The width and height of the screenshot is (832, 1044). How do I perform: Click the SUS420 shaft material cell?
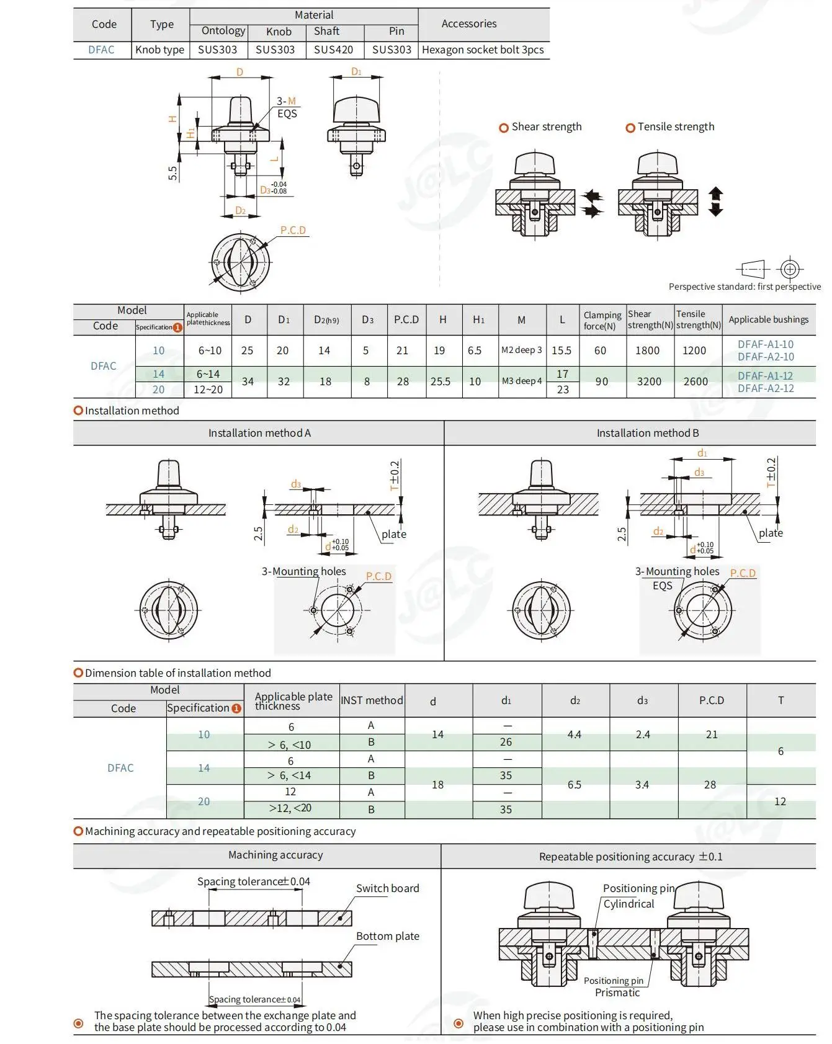[x=333, y=50]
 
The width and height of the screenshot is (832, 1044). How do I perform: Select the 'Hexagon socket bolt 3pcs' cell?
[x=483, y=50]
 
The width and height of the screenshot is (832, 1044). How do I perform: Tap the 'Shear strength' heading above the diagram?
[x=547, y=127]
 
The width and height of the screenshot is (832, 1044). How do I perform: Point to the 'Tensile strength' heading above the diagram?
[x=676, y=127]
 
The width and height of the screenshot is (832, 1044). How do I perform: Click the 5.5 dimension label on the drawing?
[x=172, y=173]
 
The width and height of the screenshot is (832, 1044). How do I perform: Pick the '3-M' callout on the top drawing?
[x=286, y=101]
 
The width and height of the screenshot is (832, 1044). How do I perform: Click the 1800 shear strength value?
[x=647, y=350]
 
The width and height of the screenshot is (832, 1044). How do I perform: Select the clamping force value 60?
[x=600, y=350]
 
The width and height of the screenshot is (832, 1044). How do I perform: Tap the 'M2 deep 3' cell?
[x=521, y=350]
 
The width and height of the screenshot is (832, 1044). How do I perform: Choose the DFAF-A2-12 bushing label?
[x=766, y=388]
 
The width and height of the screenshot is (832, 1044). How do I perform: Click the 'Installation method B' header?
[x=648, y=433]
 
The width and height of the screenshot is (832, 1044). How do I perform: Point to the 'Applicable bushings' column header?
[x=769, y=319]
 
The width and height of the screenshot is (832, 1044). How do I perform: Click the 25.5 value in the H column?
[x=441, y=381]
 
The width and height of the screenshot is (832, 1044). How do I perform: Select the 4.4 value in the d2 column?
[x=575, y=734]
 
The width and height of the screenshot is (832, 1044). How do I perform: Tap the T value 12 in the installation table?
[x=780, y=801]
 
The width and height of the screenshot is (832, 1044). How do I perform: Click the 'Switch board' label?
[x=388, y=888]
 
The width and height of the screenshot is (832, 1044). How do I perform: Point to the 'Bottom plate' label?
[x=388, y=936]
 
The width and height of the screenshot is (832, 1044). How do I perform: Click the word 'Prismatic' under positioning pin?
[x=617, y=993]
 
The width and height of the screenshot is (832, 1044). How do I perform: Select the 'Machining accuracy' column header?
[x=275, y=855]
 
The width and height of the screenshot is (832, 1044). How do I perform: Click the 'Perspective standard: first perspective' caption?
[x=745, y=287]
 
